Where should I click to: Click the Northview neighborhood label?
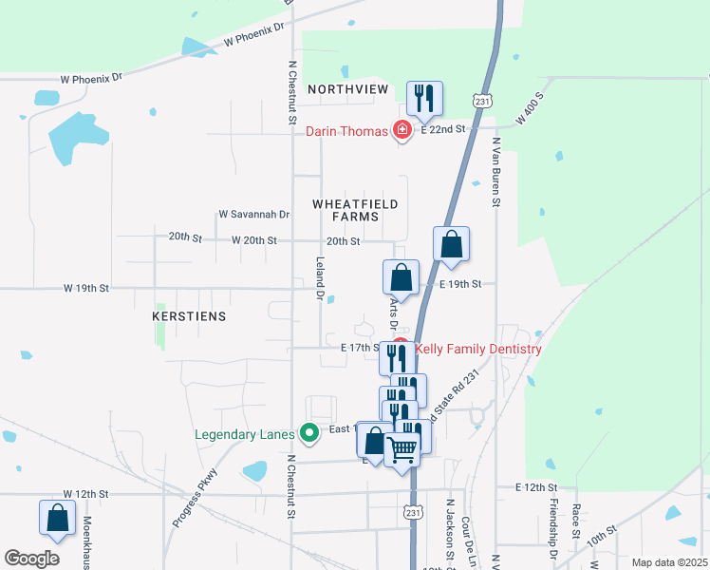[x=348, y=89]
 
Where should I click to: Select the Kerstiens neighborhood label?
[x=190, y=315]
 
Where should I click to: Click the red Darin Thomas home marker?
[x=402, y=130]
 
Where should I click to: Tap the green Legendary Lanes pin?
[x=308, y=434]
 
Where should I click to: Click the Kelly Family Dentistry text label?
[x=478, y=349]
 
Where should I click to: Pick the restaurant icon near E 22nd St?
[x=423, y=97]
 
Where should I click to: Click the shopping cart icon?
[x=402, y=448]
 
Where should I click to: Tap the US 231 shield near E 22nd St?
[x=482, y=100]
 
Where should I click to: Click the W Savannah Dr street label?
[x=253, y=215]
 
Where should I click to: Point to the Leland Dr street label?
[x=321, y=278]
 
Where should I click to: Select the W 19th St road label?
[x=87, y=287]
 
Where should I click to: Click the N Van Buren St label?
[x=495, y=172]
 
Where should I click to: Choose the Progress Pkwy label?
[x=196, y=498]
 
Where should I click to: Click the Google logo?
[x=31, y=559]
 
